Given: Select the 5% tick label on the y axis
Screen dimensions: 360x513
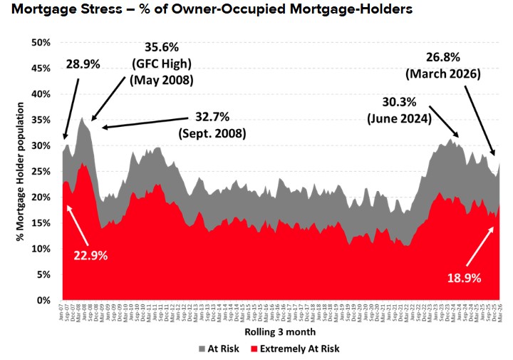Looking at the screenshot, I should [43, 274].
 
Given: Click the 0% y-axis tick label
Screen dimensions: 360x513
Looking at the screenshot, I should [43, 300].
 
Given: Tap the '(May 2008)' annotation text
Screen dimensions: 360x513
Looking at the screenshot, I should [161, 80].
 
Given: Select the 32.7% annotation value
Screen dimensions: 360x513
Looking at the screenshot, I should [216, 116].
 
